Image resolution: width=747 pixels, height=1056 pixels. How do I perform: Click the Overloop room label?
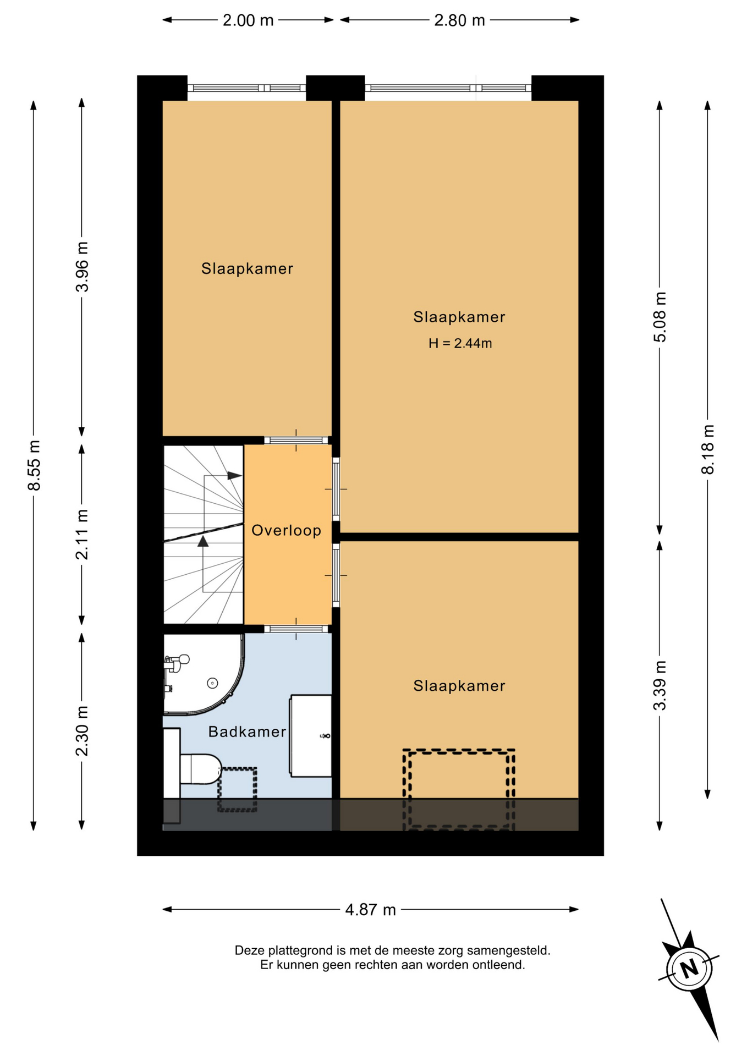tap(286, 530)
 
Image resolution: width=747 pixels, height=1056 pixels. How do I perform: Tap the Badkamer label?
tap(247, 732)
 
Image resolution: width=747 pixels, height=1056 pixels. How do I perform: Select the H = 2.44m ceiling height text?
tap(460, 343)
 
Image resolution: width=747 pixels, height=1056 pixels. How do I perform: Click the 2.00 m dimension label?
tap(248, 20)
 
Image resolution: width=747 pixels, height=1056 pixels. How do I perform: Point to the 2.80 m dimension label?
tap(459, 20)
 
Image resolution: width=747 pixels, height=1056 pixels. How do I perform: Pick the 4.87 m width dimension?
tap(370, 910)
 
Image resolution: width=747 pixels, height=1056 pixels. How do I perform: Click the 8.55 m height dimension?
tap(34, 465)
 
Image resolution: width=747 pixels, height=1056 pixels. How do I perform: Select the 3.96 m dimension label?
tap(82, 267)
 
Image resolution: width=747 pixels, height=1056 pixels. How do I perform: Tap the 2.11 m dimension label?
tap(82, 535)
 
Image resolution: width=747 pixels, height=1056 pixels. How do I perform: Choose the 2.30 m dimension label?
tap(82, 731)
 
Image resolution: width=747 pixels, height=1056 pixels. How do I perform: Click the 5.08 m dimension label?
tap(660, 317)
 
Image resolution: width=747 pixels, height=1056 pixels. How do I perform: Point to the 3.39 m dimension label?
tap(660, 685)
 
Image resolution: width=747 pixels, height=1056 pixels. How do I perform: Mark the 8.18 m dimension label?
tap(707, 449)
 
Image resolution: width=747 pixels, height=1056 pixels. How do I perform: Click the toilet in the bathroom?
tap(200, 769)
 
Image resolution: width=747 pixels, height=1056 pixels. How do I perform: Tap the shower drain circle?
tap(212, 683)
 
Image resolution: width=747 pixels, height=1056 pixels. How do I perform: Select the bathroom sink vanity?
tap(311, 736)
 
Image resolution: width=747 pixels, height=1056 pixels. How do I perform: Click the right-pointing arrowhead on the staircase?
tap(235, 475)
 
